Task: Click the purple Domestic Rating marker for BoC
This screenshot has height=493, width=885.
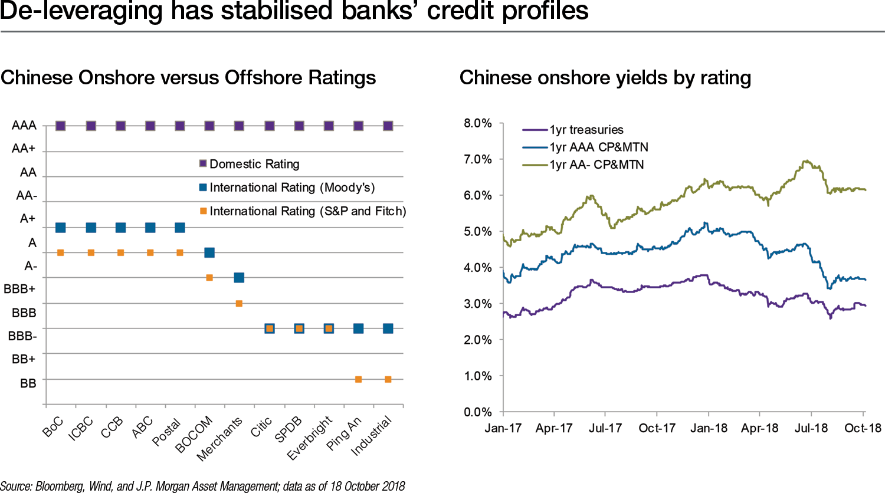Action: click(60, 126)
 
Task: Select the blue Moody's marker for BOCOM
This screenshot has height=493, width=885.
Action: click(209, 252)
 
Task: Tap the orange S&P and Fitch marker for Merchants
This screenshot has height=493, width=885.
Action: click(239, 304)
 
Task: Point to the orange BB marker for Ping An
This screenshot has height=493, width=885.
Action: click(358, 379)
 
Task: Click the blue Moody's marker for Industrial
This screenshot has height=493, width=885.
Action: click(388, 328)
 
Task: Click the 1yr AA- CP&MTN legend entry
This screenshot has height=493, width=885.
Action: click(596, 165)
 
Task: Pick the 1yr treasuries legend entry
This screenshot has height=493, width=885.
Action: click(586, 130)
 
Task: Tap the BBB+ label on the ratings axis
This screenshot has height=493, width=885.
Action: click(19, 289)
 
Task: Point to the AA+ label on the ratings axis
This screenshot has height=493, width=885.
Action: click(24, 149)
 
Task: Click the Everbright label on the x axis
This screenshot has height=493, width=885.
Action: click(310, 438)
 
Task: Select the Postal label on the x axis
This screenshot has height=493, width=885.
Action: click(167, 432)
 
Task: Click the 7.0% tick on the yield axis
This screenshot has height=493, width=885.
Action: click(477, 159)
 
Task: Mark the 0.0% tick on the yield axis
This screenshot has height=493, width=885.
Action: click(477, 412)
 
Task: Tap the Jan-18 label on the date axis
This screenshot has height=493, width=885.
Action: click(709, 428)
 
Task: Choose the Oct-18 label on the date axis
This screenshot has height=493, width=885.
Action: click(863, 428)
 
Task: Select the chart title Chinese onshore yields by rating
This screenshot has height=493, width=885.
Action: click(605, 78)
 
